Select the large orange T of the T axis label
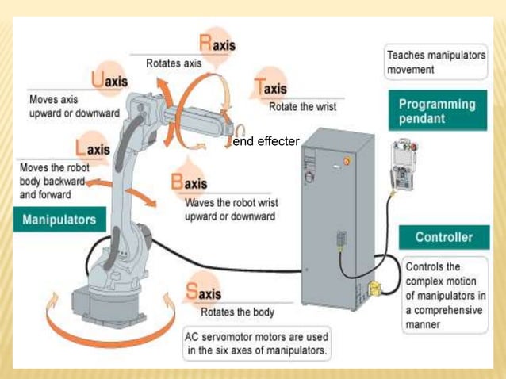pos(261,87)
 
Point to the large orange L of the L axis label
pos(81,148)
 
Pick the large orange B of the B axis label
pos(178,182)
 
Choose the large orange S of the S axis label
pos(192,292)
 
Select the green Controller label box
pos(443,237)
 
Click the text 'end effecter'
pos(266,142)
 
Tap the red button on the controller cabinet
pos(345,161)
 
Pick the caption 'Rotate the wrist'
pos(302,107)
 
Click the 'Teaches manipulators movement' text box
pos(435,63)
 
